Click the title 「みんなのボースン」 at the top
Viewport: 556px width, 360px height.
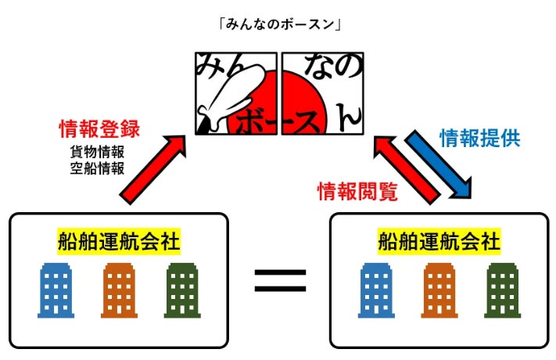tap(278, 24)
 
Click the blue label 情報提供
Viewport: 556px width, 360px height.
tap(479, 139)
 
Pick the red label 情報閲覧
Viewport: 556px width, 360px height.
tap(357, 190)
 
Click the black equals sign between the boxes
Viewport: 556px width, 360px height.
tap(279, 279)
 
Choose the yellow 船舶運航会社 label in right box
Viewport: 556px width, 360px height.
tap(438, 240)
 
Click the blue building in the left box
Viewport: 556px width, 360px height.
tap(56, 290)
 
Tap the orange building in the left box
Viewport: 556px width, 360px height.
tap(119, 290)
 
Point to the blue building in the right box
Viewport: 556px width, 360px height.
tap(375, 290)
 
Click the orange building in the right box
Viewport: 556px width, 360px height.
tap(439, 290)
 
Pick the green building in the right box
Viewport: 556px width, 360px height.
tap(502, 290)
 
